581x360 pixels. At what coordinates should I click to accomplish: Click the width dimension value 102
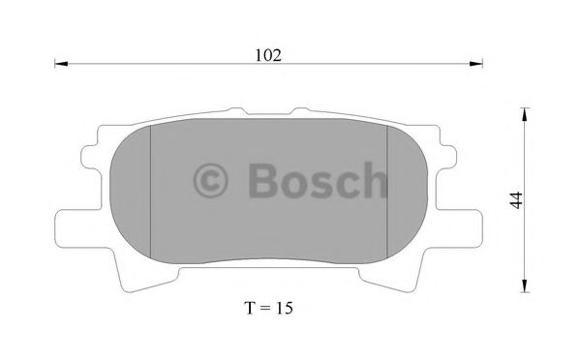click(x=269, y=55)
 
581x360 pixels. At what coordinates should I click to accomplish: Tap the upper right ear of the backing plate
click(x=447, y=155)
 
